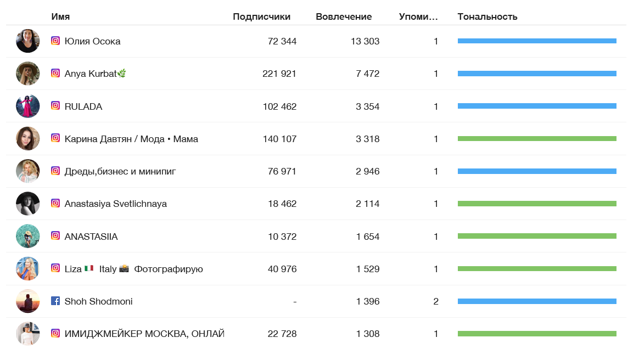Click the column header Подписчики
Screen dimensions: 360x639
[261, 16]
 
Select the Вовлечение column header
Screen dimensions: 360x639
[344, 16]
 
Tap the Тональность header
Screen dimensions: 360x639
[487, 16]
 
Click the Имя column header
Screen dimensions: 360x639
[60, 16]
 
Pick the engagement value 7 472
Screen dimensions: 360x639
[367, 74]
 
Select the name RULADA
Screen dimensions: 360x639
[83, 106]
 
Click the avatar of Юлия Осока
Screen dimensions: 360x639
[28, 41]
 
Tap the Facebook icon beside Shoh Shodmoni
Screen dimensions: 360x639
[55, 301]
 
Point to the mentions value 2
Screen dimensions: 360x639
[436, 301]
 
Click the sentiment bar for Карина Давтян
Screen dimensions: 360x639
[537, 139]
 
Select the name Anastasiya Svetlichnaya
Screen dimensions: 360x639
[116, 204]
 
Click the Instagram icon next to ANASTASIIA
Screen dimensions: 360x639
[55, 236]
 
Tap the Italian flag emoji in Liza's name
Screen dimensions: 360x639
[89, 269]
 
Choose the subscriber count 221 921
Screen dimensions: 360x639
[279, 74]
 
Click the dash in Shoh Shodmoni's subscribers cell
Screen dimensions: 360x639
[295, 301]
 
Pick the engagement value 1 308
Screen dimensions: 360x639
[367, 334]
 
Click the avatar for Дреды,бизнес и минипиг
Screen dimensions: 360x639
[28, 171]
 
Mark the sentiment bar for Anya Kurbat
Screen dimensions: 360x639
[537, 74]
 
